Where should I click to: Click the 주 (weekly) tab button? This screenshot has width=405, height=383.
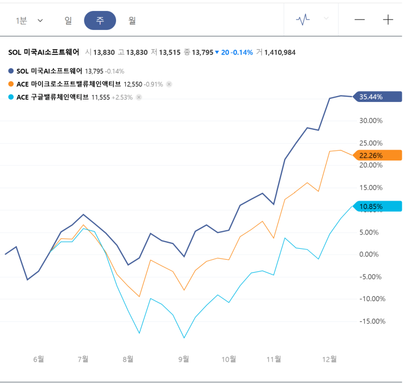click(x=100, y=20)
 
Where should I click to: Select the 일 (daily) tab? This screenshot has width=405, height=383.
click(x=68, y=20)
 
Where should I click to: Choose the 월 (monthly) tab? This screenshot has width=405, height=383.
click(x=132, y=20)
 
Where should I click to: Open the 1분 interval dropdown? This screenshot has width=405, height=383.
click(x=29, y=20)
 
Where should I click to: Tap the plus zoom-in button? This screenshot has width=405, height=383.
click(x=388, y=20)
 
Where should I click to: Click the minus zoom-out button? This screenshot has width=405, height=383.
click(x=360, y=20)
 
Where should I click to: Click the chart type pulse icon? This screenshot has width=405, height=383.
click(x=303, y=20)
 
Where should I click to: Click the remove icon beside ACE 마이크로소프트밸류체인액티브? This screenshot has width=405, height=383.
click(x=169, y=84)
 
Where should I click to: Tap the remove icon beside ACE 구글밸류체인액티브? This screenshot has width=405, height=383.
click(x=139, y=97)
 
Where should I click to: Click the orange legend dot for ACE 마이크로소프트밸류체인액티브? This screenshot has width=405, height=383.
click(x=11, y=84)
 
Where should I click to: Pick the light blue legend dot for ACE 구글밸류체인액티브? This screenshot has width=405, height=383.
click(x=11, y=97)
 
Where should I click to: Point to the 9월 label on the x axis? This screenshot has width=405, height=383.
click(x=184, y=359)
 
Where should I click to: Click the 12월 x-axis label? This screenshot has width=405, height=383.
click(x=330, y=359)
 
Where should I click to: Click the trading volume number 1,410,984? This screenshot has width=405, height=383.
click(x=280, y=52)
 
